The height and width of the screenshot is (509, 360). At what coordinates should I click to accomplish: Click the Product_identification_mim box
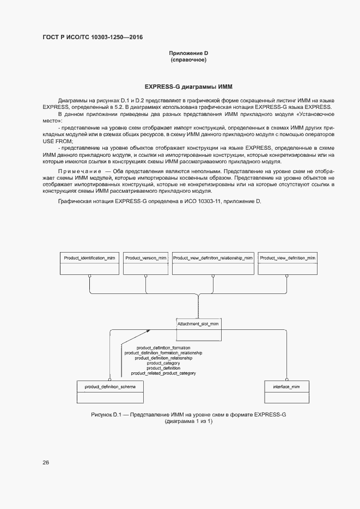pyautogui.click(x=89, y=263)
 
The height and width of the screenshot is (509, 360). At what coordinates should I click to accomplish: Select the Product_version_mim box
pyautogui.click(x=145, y=263)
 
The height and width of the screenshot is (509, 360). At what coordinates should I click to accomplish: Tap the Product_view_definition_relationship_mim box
pyautogui.click(x=212, y=263)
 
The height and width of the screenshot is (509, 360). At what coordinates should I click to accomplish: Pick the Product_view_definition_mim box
pyautogui.click(x=287, y=263)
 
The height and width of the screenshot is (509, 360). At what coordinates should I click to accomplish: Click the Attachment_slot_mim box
pyautogui.click(x=198, y=323)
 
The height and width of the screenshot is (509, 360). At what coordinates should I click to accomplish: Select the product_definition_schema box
pyautogui.click(x=110, y=391)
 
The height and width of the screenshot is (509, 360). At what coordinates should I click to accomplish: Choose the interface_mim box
pyautogui.click(x=286, y=391)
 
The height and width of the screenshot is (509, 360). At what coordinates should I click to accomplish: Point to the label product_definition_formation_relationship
pyautogui.click(x=163, y=353)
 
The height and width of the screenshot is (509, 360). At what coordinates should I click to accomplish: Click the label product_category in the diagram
pyautogui.click(x=163, y=363)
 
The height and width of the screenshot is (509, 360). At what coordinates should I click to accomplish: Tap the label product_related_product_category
pyautogui.click(x=163, y=373)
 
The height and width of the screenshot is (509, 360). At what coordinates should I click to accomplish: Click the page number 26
pyautogui.click(x=46, y=463)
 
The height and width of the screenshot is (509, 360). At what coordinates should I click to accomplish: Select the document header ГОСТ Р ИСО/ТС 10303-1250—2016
pyautogui.click(x=93, y=37)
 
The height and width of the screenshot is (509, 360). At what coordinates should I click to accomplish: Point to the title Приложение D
pyautogui.click(x=188, y=53)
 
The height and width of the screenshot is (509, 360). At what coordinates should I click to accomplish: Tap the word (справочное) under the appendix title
pyautogui.click(x=188, y=60)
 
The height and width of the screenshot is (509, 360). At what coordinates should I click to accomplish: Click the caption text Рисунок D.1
pyautogui.click(x=109, y=415)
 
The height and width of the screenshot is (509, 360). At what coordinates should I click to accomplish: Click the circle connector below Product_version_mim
pyautogui.click(x=145, y=276)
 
